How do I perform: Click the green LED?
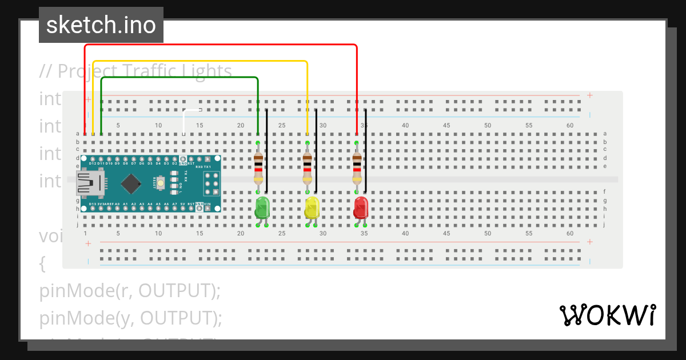[x=262, y=207]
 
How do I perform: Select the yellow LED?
[x=312, y=207]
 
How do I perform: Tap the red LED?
[x=361, y=207]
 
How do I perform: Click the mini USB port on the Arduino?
[x=88, y=183]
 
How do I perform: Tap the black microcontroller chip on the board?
[x=131, y=183]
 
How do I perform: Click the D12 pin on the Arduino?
[x=93, y=158]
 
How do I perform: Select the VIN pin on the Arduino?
[x=216, y=209]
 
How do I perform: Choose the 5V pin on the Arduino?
[x=183, y=209]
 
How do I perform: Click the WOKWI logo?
[x=607, y=315]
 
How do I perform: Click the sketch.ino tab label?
[x=101, y=25]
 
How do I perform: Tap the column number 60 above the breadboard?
[x=570, y=125]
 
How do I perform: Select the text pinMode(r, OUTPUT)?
[x=130, y=291]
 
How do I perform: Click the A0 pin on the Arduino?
[x=117, y=209]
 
